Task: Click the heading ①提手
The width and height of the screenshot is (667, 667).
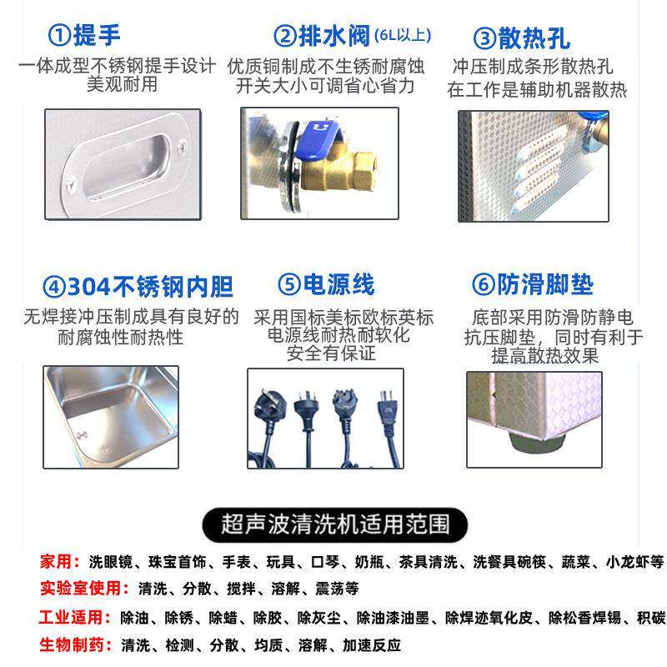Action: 85,36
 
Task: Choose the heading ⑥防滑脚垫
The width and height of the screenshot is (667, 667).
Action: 533,285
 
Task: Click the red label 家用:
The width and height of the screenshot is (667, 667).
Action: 58,562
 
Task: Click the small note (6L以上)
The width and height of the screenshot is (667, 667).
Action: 402,35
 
